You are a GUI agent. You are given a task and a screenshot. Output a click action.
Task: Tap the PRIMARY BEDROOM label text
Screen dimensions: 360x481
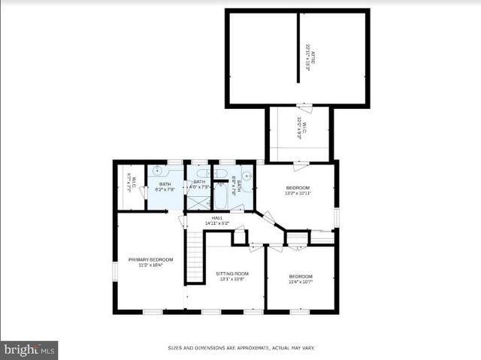[150, 262]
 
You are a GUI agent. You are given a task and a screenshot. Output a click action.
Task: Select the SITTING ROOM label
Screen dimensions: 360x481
[232, 277]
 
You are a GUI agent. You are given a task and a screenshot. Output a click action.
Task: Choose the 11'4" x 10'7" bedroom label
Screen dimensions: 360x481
[301, 280]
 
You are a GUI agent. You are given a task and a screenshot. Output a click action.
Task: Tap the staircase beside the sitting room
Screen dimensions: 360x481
[195, 256]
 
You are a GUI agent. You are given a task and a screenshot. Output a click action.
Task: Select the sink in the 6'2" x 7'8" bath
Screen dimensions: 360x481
[158, 171]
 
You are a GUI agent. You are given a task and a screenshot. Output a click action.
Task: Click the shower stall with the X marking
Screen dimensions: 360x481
[198, 202]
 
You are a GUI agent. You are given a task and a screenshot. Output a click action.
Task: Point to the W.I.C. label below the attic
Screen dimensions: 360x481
[300, 128]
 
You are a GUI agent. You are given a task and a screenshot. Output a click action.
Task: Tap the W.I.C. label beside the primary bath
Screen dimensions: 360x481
[131, 184]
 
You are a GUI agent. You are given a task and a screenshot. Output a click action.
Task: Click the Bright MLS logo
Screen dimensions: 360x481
[29, 350]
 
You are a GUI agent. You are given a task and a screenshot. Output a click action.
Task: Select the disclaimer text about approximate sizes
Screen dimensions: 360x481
[240, 348]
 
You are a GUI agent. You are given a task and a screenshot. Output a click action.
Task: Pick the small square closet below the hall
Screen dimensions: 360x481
[239, 236]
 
